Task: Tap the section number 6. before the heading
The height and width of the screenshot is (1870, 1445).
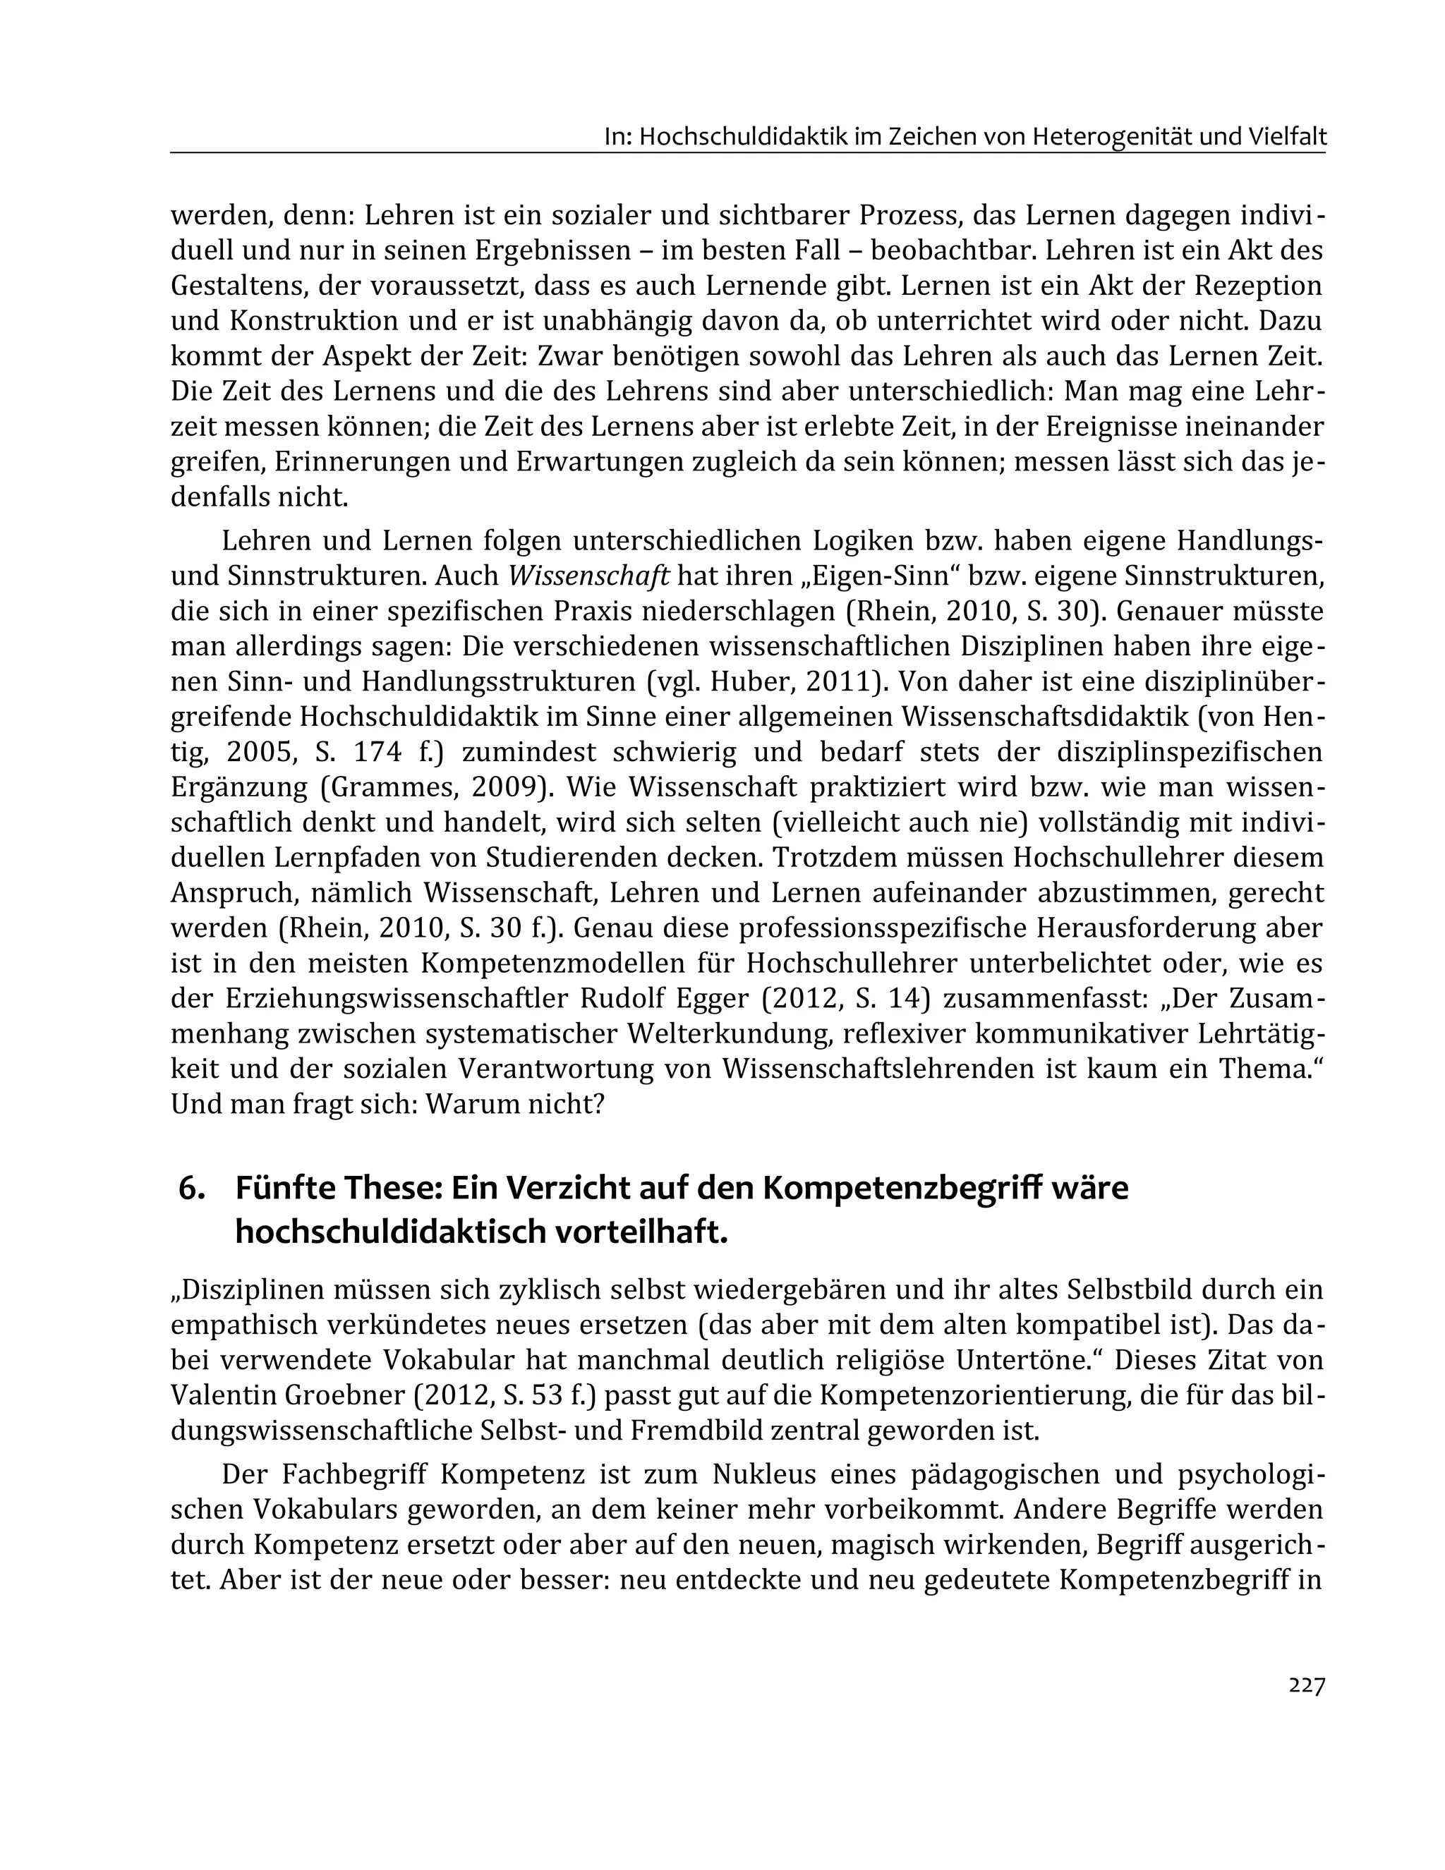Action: click(191, 1189)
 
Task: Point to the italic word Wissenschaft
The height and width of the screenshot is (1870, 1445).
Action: click(588, 576)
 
